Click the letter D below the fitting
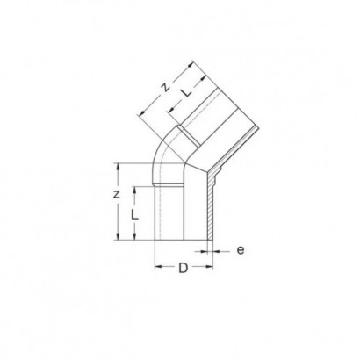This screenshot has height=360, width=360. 184,268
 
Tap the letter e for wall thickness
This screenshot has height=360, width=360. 241,250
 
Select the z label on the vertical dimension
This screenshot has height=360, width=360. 117,194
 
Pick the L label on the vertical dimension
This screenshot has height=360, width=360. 134,215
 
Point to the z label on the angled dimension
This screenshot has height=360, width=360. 166,87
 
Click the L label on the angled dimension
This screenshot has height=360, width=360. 186,92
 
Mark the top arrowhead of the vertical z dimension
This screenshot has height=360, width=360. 118,167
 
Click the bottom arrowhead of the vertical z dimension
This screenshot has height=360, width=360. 118,236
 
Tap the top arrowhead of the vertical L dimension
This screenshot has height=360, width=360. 134,191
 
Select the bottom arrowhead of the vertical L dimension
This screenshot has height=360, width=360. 134,236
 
